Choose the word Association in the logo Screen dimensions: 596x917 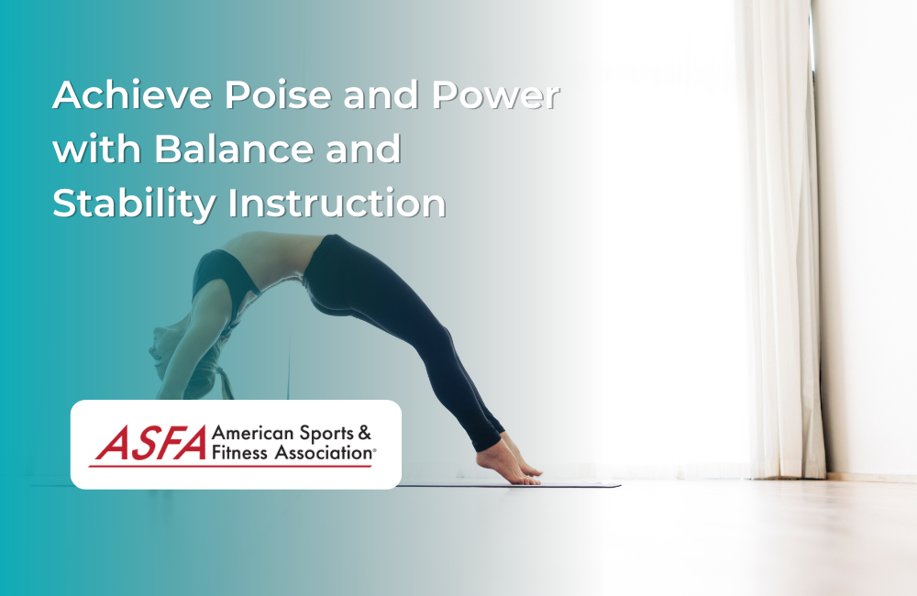click(321, 452)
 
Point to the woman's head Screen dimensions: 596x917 click(174, 344)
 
